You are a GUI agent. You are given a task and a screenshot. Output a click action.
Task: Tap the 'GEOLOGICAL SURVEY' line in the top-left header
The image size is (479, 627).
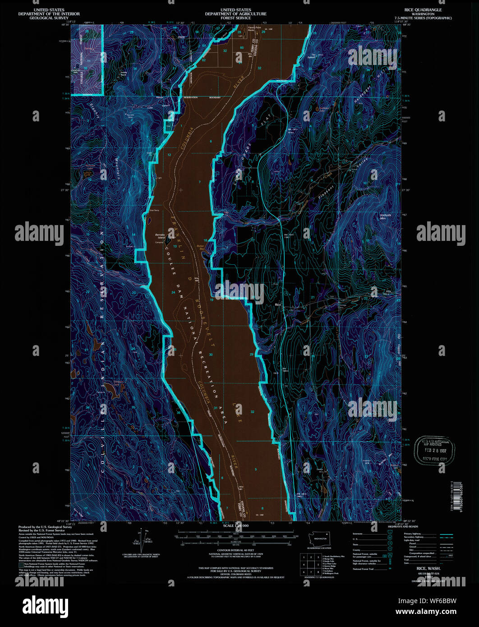coord(41,18)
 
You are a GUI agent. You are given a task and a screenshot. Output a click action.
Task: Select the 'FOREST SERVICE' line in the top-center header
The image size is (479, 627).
coord(235,18)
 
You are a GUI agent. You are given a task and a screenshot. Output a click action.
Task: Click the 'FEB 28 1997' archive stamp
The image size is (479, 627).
coord(433,450)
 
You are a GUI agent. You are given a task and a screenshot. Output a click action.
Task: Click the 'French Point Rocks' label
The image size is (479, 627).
coord(255,29)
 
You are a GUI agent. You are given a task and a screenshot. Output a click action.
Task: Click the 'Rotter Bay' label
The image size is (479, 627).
coord(201,247)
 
